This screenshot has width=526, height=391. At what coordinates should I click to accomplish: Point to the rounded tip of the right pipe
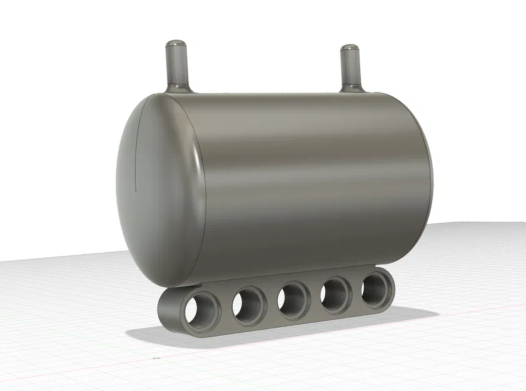tap(348, 48)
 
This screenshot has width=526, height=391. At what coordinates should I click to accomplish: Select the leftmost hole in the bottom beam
tap(201, 308)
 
